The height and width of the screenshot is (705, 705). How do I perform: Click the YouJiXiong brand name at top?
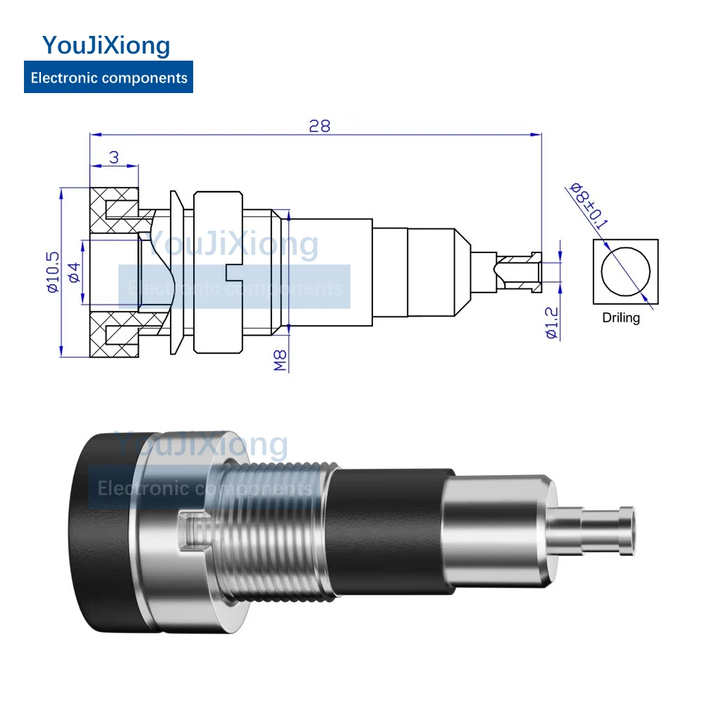pos(106,46)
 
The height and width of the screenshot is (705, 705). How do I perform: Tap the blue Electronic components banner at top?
pos(109,78)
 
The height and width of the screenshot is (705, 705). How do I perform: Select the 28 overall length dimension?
pos(319,126)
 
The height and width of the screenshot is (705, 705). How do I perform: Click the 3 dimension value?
pos(114,157)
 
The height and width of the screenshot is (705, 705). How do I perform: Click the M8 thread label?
pos(280,360)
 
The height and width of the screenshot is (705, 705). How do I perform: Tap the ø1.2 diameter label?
pos(552,324)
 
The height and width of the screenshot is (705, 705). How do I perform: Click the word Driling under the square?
pos(621,318)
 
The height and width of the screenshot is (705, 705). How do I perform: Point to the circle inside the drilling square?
pos(625,272)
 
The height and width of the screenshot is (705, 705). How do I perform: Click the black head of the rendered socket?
pos(106,536)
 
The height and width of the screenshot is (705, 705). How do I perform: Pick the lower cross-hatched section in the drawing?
pos(114,342)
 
